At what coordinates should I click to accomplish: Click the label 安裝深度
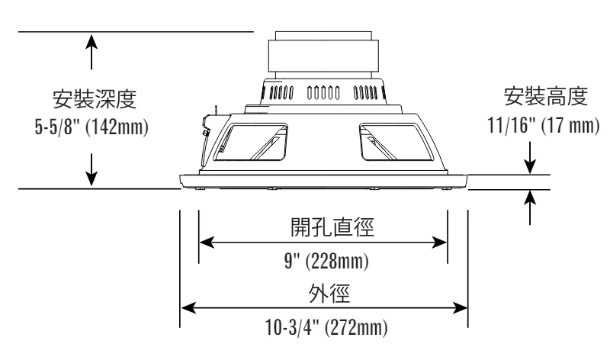pos(95,99)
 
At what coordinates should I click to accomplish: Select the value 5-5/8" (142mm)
pos(91,127)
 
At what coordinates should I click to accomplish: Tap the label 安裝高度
pos(545,96)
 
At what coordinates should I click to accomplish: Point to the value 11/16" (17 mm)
pos(544,125)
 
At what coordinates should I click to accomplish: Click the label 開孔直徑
pos(332,227)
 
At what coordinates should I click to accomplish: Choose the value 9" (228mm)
pos(326,261)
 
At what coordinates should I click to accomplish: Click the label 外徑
pos(329,293)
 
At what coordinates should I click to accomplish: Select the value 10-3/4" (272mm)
pos(326,328)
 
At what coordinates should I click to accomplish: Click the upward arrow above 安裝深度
pos(91,52)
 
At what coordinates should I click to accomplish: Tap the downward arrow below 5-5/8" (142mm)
pos(91,169)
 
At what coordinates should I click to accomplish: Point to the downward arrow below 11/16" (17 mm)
pos(530,158)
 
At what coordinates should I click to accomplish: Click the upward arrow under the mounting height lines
pos(530,207)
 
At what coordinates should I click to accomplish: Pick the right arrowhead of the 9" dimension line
pos(440,243)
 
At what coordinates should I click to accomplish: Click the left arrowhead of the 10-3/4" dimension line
pos(188,308)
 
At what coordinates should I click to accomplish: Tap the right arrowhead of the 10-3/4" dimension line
pos(460,308)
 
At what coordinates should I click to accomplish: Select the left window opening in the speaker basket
pos(251,142)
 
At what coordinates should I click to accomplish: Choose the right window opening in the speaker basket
pos(396,142)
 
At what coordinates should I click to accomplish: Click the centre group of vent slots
pos(323,93)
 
